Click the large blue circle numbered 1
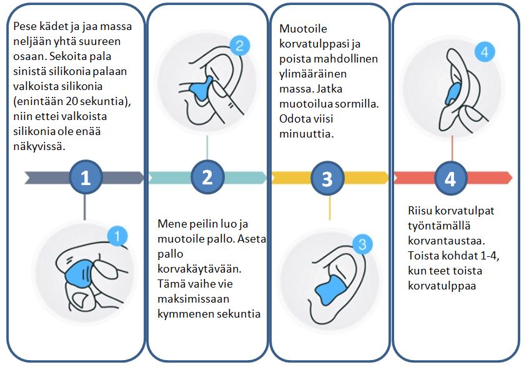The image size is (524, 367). tap(86, 178)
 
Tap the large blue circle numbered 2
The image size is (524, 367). tap(207, 178)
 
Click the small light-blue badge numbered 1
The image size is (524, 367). tap(117, 236)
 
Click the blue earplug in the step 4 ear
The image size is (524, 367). tap(453, 92)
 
